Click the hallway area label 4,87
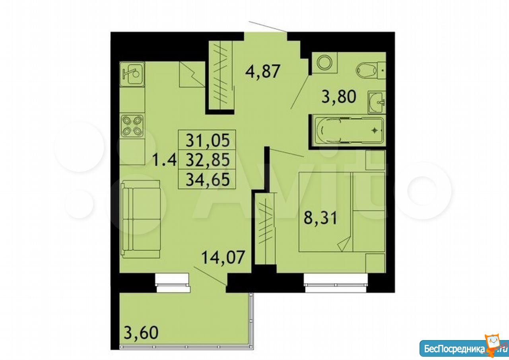(x=262, y=71)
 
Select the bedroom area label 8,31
(x=320, y=218)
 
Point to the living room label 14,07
(x=223, y=257)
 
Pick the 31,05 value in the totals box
(x=208, y=140)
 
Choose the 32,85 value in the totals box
(x=208, y=160)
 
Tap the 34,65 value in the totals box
(x=208, y=179)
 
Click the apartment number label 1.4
(x=164, y=160)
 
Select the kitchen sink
(x=132, y=74)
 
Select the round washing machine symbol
(x=324, y=62)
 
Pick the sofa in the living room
(x=141, y=219)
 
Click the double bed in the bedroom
(x=342, y=212)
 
